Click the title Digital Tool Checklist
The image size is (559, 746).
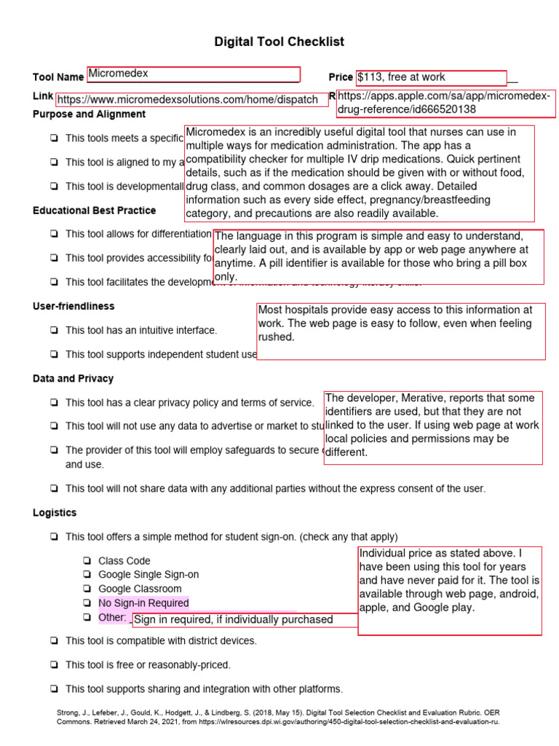point(279,42)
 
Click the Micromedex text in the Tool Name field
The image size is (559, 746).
point(119,74)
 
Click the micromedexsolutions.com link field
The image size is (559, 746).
point(188,100)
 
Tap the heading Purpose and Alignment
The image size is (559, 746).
point(89,114)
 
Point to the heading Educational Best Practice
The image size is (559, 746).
point(94,211)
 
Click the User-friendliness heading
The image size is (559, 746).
point(74,307)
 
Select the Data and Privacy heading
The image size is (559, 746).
point(73,379)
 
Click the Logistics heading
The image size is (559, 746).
point(55,513)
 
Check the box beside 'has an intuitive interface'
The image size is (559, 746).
point(55,331)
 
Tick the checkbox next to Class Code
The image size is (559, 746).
point(87,561)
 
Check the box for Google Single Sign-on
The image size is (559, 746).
point(87,575)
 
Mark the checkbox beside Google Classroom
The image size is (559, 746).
point(87,589)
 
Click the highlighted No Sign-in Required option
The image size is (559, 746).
point(143,603)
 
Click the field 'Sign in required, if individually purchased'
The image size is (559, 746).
point(233,620)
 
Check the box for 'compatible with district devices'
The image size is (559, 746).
point(55,641)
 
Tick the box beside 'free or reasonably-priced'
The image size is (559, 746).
point(55,665)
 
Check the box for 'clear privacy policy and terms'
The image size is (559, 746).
point(55,403)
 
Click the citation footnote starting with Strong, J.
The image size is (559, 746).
point(279,717)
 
